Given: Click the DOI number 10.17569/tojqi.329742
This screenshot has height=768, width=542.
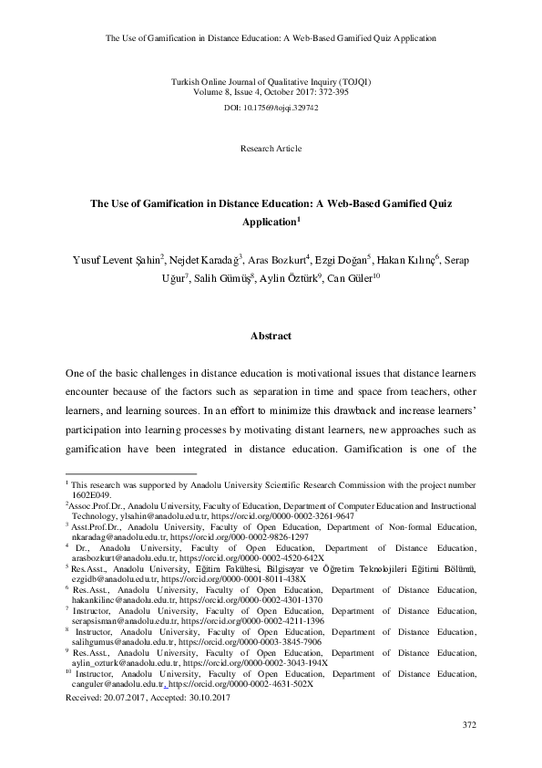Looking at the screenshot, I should click(x=283, y=107).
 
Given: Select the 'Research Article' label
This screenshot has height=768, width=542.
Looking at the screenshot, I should click(x=271, y=148).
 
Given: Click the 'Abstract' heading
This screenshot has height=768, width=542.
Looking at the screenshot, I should click(x=271, y=336).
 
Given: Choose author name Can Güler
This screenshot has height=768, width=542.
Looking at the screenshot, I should click(x=346, y=278).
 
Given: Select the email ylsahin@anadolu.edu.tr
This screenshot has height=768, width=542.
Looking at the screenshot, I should click(x=132, y=515).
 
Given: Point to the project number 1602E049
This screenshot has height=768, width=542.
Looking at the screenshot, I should click(x=85, y=493).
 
